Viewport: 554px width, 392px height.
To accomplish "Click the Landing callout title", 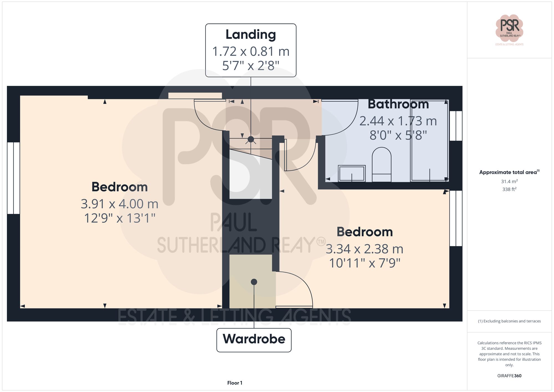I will (x=251, y=35).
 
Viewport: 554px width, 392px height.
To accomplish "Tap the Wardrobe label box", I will (x=254, y=340).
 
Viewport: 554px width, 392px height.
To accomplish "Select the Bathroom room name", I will (x=398, y=104).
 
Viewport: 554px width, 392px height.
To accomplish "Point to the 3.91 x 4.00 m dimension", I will (x=119, y=204).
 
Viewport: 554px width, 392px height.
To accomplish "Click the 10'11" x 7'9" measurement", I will (x=365, y=263).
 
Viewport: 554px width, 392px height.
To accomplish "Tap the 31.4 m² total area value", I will (x=509, y=181).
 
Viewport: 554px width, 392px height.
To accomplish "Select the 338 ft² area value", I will (x=509, y=189).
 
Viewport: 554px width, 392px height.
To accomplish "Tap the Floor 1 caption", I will (x=235, y=383).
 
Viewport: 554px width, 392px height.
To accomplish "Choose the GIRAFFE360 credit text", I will (x=509, y=376).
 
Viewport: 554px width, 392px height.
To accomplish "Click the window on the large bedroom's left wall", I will (x=13, y=178).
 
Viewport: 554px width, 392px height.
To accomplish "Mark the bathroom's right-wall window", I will (x=456, y=126).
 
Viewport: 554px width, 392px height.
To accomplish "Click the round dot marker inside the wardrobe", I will (x=254, y=282).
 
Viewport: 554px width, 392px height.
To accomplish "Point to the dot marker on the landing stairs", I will (x=251, y=139).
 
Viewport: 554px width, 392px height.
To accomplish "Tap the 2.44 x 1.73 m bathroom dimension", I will (x=398, y=121).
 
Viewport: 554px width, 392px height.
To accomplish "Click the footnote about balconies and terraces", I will (x=509, y=321).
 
